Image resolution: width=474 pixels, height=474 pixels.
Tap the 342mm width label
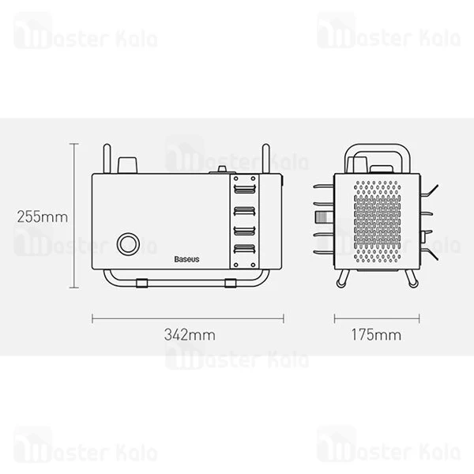(188, 334)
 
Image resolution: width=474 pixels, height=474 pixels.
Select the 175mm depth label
(376, 334)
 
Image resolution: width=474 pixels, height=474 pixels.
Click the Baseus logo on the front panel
(187, 258)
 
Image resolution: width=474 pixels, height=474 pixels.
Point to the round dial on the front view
(126, 244)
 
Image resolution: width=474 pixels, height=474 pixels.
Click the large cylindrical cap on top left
(126, 164)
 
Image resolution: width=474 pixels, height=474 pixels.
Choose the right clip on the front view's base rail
(231, 281)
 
